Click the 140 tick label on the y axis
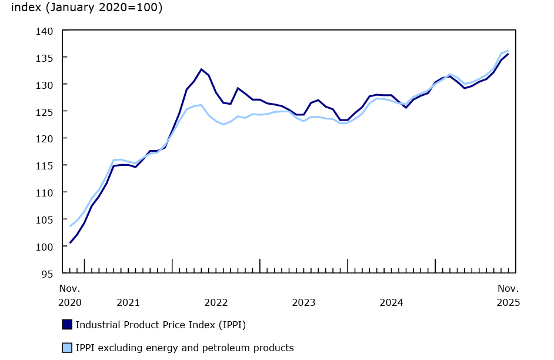45,31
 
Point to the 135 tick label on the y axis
45,58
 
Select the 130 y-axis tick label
45,85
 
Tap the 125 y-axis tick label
45,112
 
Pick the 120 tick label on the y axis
45,139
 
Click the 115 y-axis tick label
45,166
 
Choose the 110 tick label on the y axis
45,193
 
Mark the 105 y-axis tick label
45,220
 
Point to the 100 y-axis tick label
45,246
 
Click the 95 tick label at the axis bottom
47,274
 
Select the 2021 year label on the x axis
128,303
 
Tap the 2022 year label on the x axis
216,303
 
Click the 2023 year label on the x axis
303,303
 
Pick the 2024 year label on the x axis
391,303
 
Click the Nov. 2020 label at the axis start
70,296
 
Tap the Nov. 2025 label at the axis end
508,296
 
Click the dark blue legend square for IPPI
67,325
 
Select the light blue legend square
67,348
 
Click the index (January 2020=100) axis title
87,8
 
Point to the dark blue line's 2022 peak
201,69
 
